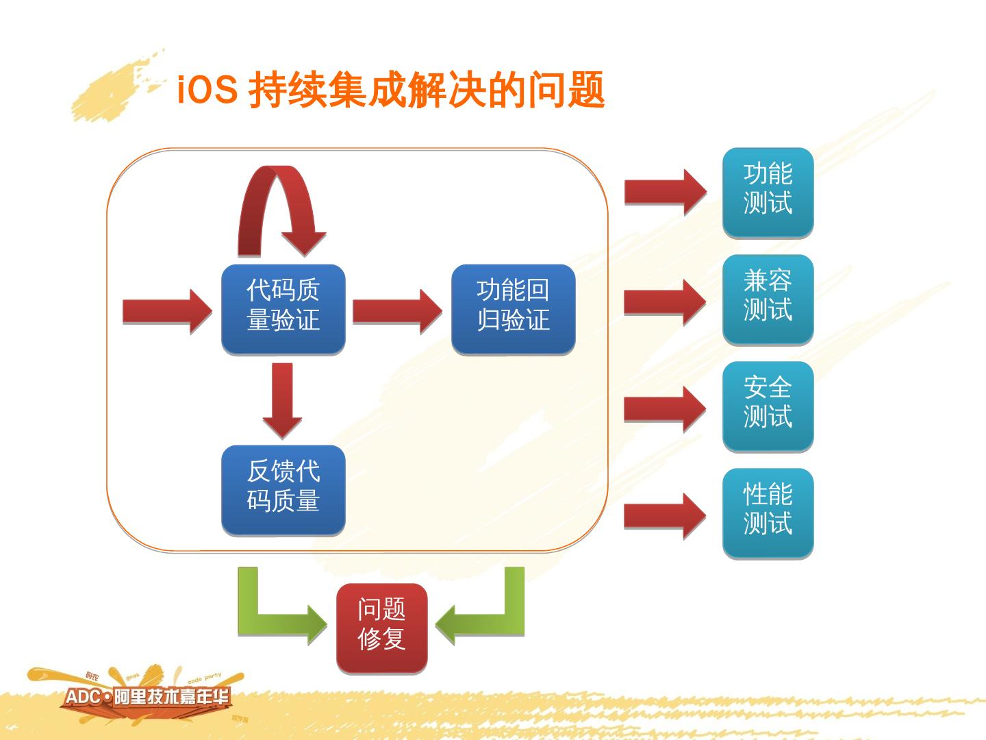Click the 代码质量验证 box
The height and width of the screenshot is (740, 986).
coord(283,309)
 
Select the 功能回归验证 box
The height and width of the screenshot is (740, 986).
coord(513,309)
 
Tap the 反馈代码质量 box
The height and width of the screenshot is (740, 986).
coord(283,490)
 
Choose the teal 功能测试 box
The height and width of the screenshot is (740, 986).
coord(768,193)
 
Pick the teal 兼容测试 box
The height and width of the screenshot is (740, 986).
coord(768,299)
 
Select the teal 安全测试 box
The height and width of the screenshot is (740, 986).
coord(768,406)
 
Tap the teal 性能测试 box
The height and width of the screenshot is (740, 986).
coord(768,513)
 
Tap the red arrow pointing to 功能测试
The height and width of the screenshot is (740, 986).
coord(664,193)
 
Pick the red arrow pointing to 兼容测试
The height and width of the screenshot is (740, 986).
coord(664,301)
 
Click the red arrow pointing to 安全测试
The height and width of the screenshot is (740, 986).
coord(664,409)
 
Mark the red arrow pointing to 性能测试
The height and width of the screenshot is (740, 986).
coord(664,516)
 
